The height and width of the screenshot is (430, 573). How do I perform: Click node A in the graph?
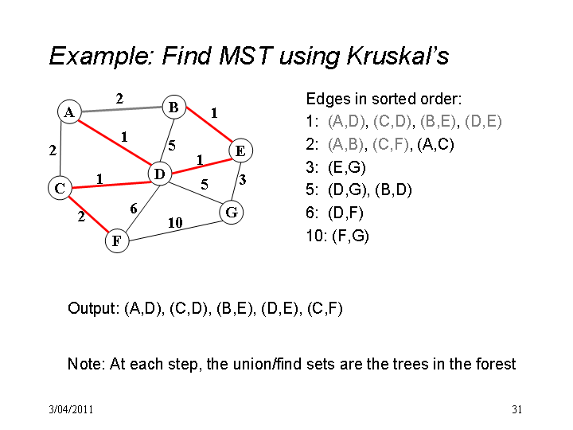point(69,112)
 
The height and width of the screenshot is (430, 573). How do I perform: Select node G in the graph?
point(232,212)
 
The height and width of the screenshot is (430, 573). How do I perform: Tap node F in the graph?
point(117,240)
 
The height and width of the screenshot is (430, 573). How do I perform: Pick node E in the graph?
point(240,150)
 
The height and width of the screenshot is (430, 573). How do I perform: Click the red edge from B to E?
point(209,124)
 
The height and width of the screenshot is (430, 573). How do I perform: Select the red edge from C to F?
point(89,215)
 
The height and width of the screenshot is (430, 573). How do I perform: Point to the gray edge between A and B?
point(122,109)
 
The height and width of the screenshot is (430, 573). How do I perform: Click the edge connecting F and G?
point(174,231)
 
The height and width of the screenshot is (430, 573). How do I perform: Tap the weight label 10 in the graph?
point(175,222)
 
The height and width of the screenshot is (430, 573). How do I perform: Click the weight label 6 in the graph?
point(134,209)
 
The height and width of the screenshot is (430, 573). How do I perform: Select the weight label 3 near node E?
point(242,180)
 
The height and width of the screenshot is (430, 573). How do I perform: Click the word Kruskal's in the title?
point(397,56)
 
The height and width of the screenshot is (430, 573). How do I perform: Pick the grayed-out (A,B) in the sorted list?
point(346,144)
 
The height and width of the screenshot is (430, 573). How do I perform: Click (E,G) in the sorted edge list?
point(347,167)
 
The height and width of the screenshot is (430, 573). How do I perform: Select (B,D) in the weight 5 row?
point(393,190)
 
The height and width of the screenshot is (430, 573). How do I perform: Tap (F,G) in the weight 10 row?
point(350,236)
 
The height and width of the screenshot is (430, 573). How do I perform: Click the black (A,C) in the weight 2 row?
point(435,144)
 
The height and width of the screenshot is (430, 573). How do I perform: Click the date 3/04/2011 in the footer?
point(72,409)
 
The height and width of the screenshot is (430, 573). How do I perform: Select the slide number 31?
point(516,409)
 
